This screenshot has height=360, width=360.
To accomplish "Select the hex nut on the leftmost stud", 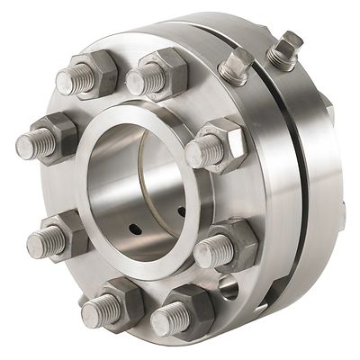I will (x=56, y=137).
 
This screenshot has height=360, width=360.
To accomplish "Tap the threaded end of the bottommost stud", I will (x=163, y=321).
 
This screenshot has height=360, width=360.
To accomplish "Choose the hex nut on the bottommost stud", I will (x=188, y=310).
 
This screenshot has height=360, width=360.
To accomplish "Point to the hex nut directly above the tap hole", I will (x=232, y=246).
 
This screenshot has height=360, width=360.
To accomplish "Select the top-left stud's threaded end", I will (x=70, y=82).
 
